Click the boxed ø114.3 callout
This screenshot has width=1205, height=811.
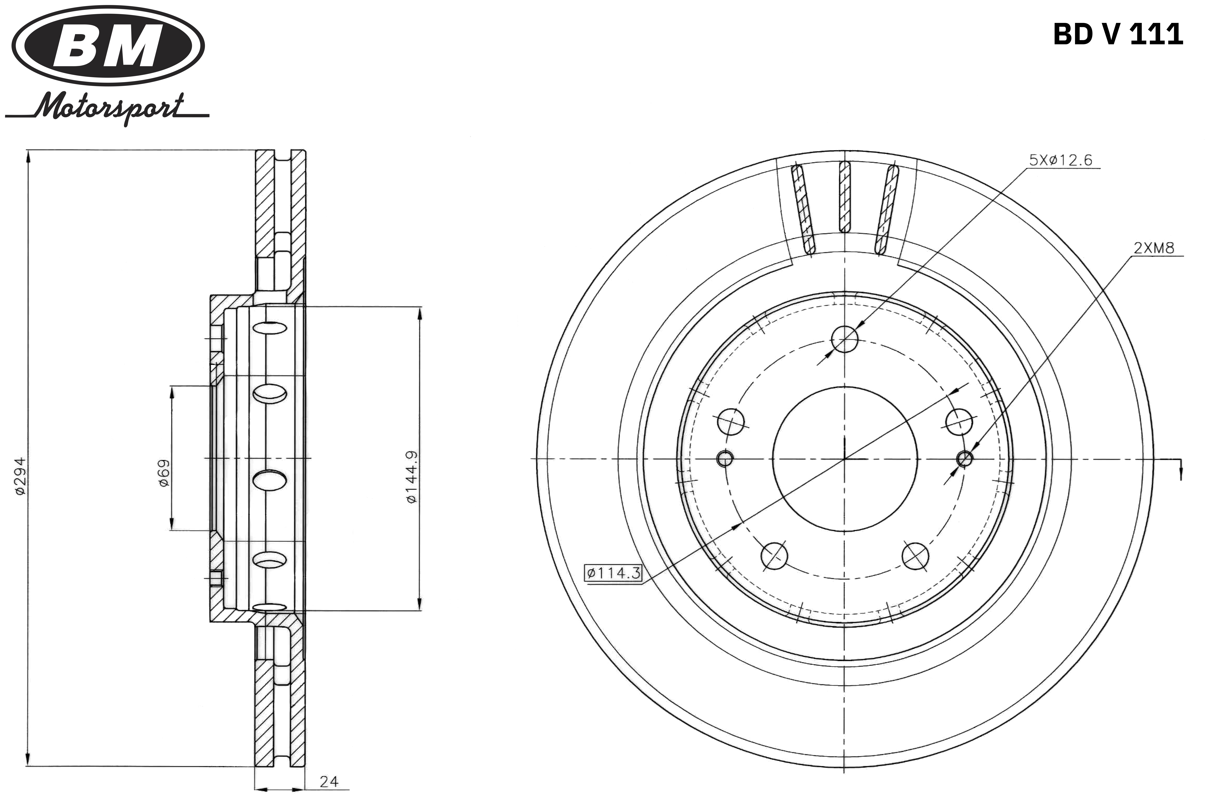pyautogui.click(x=613, y=572)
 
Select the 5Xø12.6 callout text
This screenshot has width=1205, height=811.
pyautogui.click(x=1061, y=160)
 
